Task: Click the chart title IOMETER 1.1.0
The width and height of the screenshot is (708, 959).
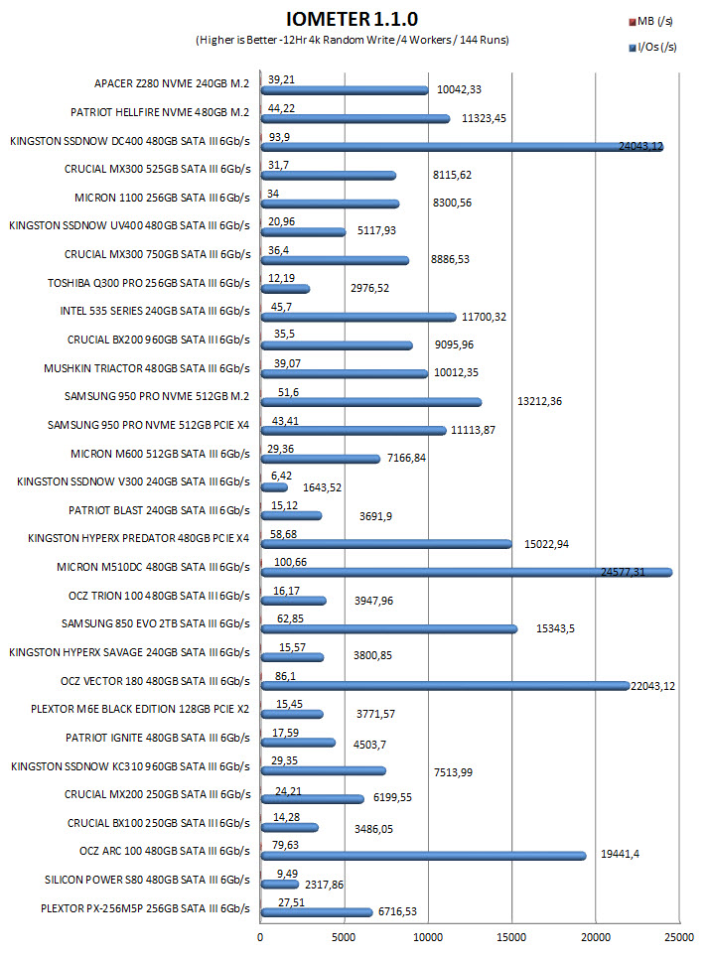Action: (352, 19)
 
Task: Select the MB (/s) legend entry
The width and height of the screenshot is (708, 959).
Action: (651, 22)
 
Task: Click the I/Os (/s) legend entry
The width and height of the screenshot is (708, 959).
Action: (653, 47)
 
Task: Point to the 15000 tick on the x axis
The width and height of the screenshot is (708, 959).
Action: (511, 937)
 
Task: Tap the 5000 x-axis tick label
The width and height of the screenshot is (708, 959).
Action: (344, 937)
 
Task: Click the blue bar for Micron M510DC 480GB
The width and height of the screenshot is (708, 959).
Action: (467, 573)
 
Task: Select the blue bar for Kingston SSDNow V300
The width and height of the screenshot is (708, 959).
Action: (274, 487)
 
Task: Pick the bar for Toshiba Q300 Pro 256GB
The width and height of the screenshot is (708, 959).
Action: (285, 289)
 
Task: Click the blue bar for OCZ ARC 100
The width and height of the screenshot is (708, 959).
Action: (423, 856)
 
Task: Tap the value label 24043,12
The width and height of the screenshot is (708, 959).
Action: (640, 146)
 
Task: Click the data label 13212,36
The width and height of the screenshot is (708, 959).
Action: (539, 401)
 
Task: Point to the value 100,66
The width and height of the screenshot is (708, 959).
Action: (290, 562)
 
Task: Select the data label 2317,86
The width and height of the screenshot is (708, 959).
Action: (325, 885)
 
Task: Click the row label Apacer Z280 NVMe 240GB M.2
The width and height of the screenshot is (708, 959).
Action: (172, 83)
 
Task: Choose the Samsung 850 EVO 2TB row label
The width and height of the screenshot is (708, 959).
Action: (156, 623)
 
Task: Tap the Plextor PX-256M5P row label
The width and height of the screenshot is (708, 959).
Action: (145, 908)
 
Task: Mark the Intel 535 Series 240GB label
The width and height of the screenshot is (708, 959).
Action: (155, 311)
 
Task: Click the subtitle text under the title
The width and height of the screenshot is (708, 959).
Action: (353, 41)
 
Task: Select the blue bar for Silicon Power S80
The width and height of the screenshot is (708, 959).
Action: (280, 885)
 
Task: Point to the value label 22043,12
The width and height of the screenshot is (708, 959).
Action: (653, 686)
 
